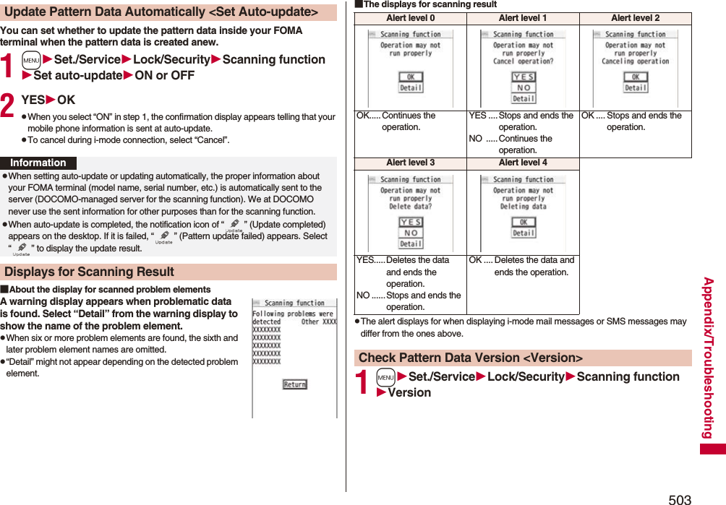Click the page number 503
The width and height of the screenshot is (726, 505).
(x=680, y=498)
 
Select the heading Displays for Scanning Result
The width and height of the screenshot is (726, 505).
(x=89, y=272)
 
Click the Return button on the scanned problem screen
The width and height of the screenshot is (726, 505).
(x=294, y=384)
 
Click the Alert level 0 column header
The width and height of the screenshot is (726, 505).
(x=411, y=18)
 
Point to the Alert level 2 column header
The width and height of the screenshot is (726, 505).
(x=635, y=18)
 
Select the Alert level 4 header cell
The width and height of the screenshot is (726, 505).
(x=523, y=163)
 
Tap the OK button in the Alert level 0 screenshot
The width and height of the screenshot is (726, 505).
(x=411, y=77)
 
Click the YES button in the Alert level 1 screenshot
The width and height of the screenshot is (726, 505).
(x=524, y=77)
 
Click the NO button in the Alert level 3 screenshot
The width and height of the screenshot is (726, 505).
(x=411, y=233)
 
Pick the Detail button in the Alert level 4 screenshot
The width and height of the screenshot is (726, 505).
(x=524, y=233)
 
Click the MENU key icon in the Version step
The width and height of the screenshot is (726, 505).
(x=386, y=377)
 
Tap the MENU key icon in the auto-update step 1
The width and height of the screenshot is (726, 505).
(x=32, y=60)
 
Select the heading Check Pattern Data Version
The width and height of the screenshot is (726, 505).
(x=470, y=358)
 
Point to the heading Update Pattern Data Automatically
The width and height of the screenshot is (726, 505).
(x=161, y=12)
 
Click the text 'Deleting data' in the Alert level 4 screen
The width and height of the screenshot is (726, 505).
(x=524, y=206)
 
